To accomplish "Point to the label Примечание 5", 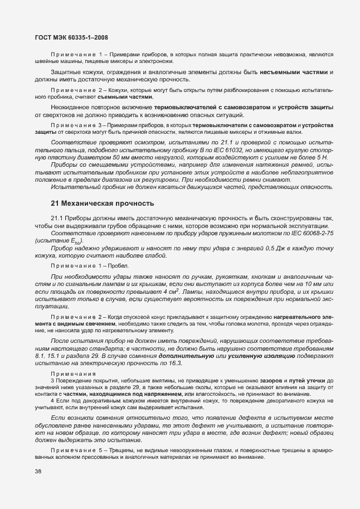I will coord(75,450).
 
